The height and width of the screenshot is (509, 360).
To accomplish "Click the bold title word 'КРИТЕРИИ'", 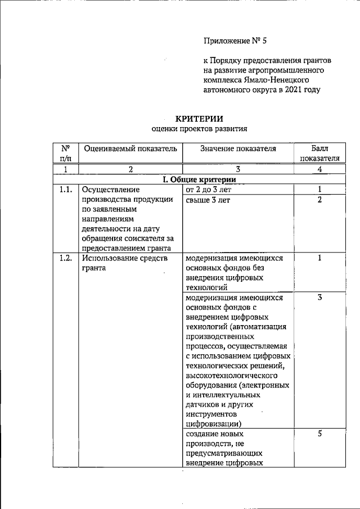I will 200,118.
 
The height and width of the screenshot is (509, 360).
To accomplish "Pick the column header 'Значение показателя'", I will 238,148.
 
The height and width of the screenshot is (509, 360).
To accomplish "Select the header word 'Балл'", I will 319,148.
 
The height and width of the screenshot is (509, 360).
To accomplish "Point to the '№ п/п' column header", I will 65,154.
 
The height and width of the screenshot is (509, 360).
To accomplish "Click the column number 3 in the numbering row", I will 238,169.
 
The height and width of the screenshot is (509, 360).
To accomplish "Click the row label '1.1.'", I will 65,190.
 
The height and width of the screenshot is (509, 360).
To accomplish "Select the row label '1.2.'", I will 65,258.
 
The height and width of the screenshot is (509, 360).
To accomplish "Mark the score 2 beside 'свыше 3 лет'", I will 319,200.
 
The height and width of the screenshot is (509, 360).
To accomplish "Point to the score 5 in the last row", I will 319,434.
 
